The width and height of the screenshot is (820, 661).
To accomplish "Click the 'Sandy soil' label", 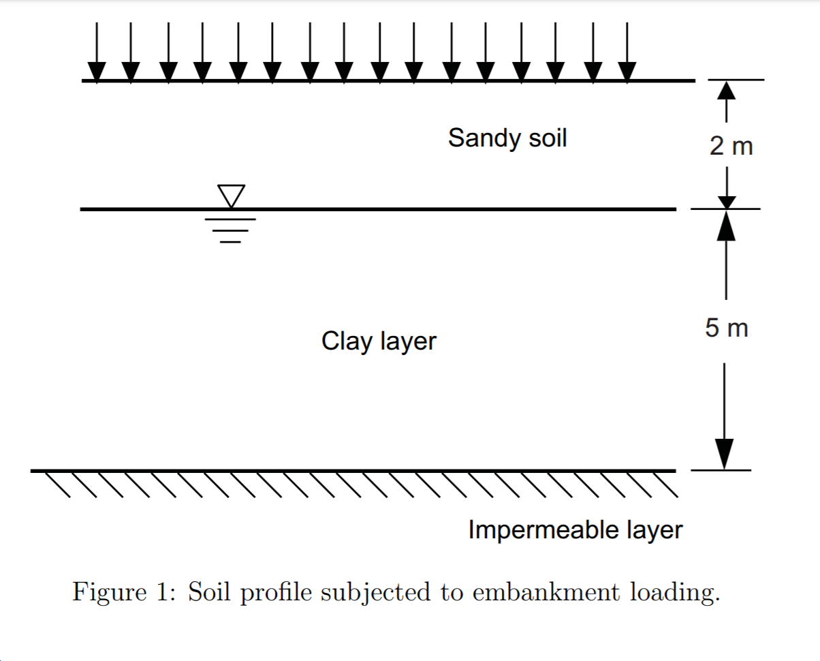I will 507,138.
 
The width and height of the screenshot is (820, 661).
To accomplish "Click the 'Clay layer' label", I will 379,341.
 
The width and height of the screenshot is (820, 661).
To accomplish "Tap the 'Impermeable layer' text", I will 575,529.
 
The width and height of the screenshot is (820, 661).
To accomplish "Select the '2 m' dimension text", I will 731,146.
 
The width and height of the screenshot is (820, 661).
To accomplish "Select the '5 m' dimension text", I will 726,328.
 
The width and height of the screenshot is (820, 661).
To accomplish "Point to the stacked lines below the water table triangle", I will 232,230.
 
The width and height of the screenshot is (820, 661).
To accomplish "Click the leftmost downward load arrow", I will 97,55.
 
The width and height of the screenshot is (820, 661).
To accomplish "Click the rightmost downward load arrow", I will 627,55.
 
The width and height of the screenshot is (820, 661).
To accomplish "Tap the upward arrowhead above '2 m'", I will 727,91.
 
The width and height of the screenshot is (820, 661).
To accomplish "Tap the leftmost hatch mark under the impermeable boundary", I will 57,485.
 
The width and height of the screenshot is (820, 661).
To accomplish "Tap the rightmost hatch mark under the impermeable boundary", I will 666,485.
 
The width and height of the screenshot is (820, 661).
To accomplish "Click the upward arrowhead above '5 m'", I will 727,226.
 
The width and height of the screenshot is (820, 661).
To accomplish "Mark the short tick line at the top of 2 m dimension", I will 736,80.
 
